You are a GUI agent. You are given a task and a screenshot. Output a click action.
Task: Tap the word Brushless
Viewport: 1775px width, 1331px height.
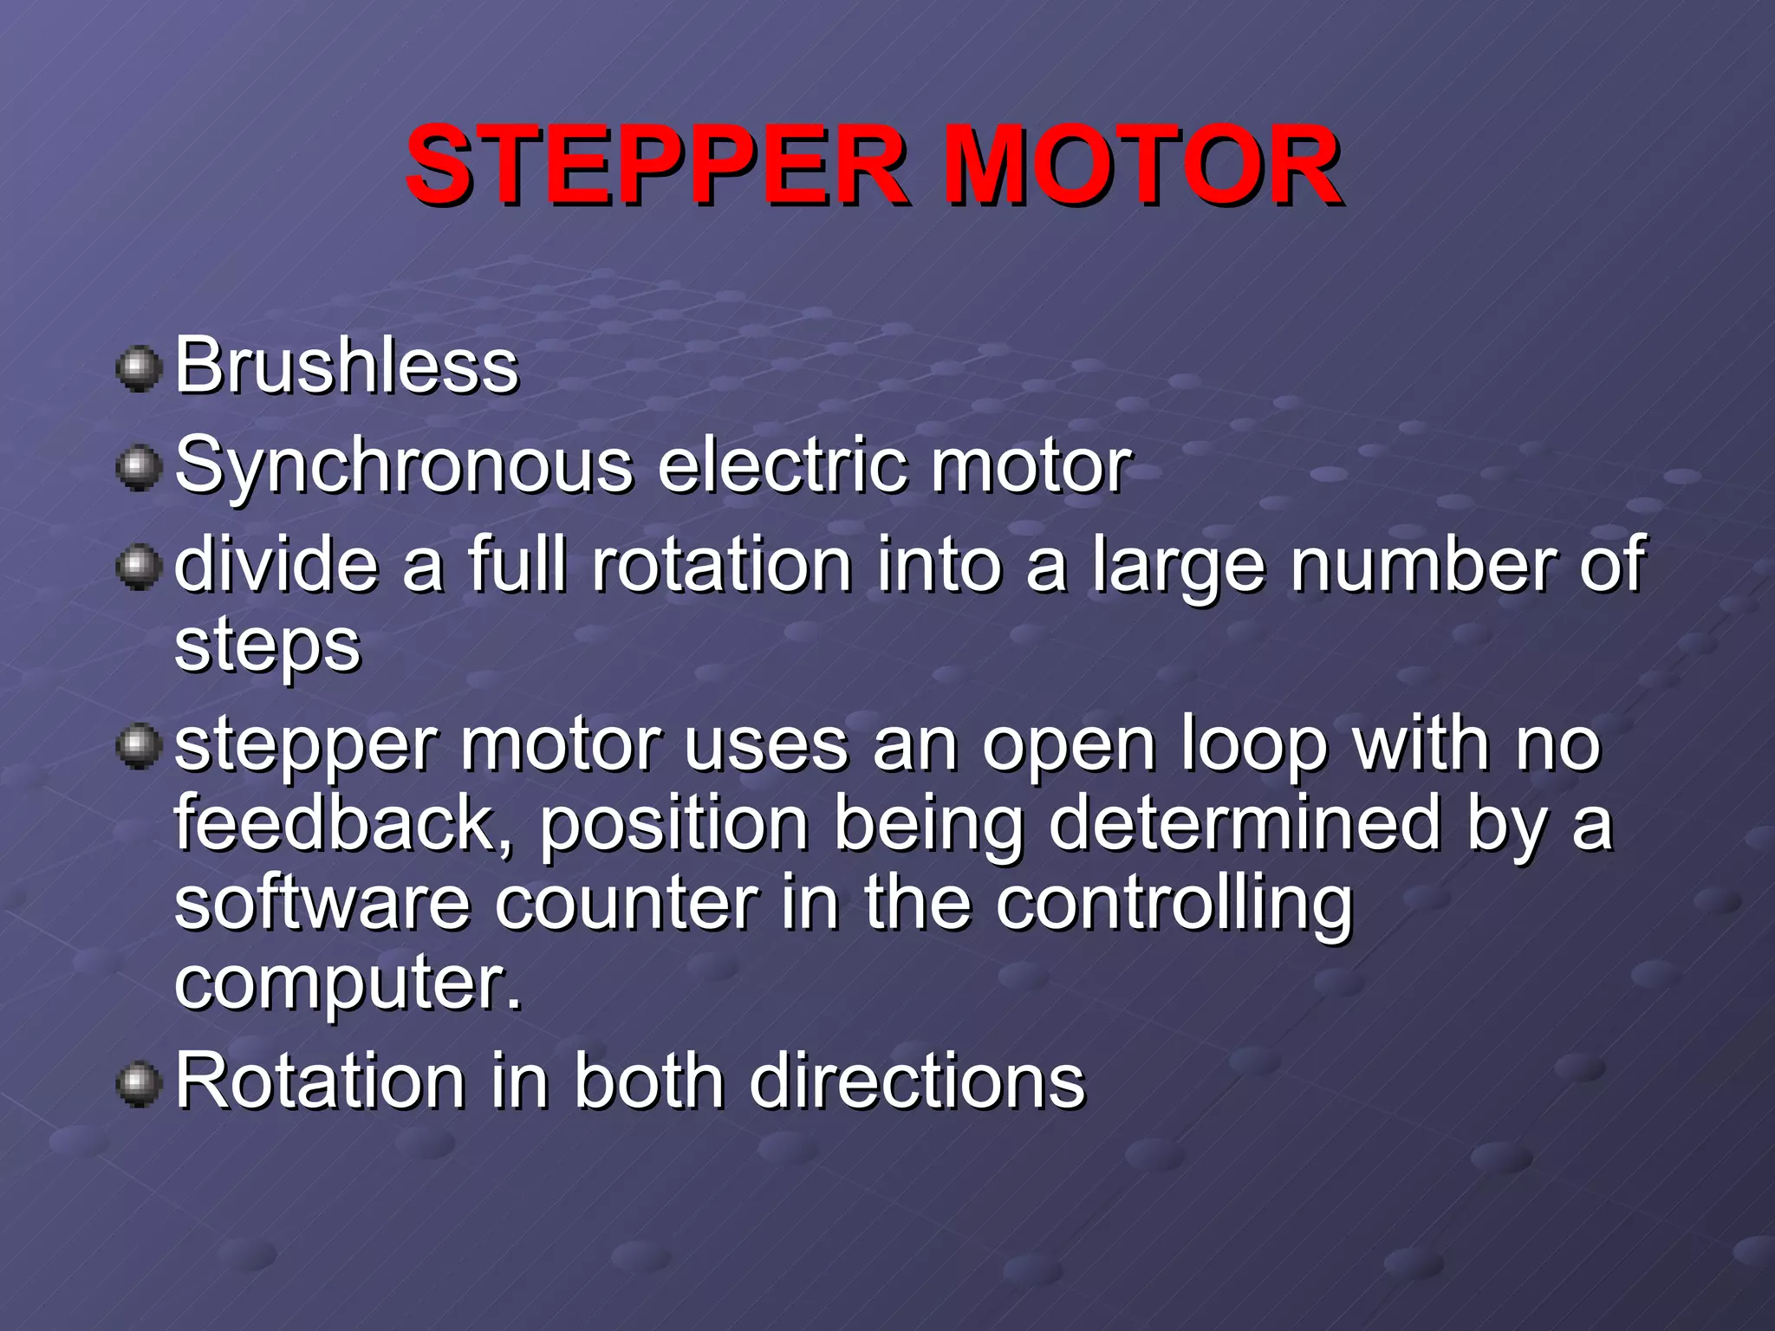347,366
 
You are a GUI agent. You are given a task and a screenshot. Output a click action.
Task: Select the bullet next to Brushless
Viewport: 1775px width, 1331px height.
139,370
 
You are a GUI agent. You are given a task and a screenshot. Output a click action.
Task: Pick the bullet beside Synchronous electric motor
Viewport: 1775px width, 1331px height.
139,469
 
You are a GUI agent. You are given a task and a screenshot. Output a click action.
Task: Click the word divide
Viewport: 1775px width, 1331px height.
276,565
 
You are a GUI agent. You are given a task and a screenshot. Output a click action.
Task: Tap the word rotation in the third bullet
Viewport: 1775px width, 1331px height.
721,565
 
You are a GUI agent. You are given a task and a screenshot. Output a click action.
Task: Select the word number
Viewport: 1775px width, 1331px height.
1421,565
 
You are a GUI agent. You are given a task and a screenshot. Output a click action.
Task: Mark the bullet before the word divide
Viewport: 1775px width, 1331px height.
139,568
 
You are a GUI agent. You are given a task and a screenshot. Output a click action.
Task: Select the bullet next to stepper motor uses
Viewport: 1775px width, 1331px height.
139,747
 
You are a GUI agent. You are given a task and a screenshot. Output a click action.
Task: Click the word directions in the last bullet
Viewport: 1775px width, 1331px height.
916,1081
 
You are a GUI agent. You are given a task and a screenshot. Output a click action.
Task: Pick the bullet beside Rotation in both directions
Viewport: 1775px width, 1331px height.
139,1085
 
